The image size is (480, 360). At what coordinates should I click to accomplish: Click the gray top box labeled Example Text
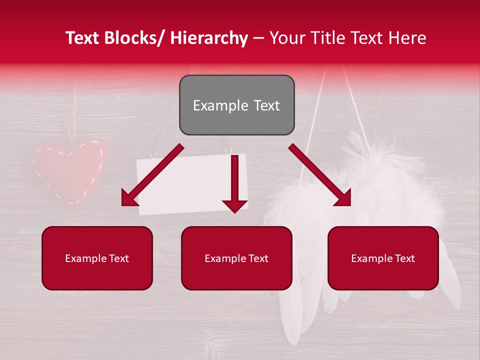[236, 105]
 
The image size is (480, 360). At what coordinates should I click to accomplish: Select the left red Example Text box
[97, 258]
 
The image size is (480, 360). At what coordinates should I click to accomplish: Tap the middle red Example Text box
[236, 258]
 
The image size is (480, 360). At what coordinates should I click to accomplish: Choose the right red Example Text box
[383, 258]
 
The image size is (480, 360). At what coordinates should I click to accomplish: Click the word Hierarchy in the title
[209, 38]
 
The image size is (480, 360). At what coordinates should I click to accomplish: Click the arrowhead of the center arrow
[234, 205]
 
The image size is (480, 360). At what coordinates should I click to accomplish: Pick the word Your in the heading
[286, 38]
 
